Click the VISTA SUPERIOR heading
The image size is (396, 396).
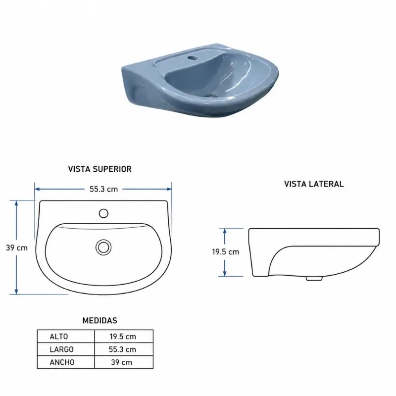pos(100,169)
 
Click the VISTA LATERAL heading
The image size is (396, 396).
pos(314,184)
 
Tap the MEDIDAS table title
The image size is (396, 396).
pos(100,320)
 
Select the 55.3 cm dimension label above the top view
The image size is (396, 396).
pos(104,189)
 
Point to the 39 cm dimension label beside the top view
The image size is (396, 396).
pos(17,248)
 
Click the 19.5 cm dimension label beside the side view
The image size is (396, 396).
pos(226,252)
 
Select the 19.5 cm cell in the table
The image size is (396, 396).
pos(123,337)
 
